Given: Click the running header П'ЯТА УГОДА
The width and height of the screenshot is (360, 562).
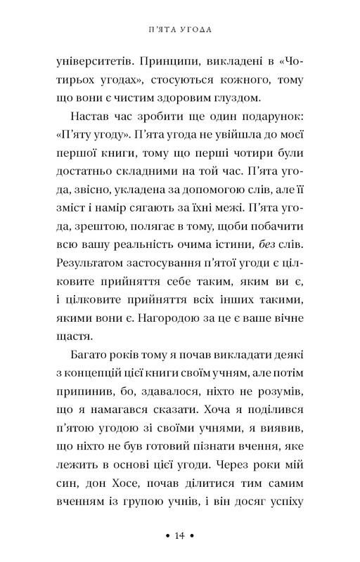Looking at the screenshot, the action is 179,30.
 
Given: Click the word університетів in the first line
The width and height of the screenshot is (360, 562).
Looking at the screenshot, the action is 95,63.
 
